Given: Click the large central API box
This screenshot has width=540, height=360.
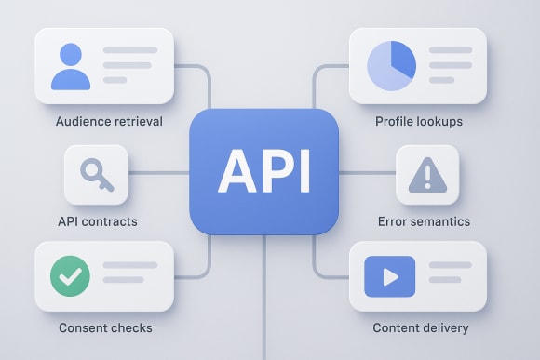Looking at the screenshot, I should click(x=264, y=171).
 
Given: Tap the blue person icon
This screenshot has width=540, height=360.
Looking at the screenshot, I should click(x=72, y=66).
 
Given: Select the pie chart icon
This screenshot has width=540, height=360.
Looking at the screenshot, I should click(x=391, y=65).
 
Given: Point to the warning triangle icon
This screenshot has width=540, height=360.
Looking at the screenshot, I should click(x=427, y=174).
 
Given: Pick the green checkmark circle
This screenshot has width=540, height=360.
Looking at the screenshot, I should click(x=72, y=276).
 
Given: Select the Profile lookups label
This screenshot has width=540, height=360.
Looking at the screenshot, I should click(x=419, y=122).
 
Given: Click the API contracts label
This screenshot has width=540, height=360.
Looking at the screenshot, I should click(x=97, y=222).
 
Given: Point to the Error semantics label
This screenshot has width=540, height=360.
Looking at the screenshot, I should click(x=424, y=222).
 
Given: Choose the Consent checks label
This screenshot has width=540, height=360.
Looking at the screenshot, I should click(x=105, y=327).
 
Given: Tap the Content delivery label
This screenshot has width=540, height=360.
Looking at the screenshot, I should click(x=421, y=327).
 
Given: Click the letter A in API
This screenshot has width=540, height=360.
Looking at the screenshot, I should click(x=233, y=171).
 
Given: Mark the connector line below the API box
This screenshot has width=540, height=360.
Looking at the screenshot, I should click(x=264, y=298).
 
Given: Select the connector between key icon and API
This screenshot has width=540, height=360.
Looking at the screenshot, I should click(x=159, y=173).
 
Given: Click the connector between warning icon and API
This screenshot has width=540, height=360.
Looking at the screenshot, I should click(x=367, y=173).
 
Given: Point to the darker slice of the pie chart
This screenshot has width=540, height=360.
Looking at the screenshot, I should click(x=402, y=58).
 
